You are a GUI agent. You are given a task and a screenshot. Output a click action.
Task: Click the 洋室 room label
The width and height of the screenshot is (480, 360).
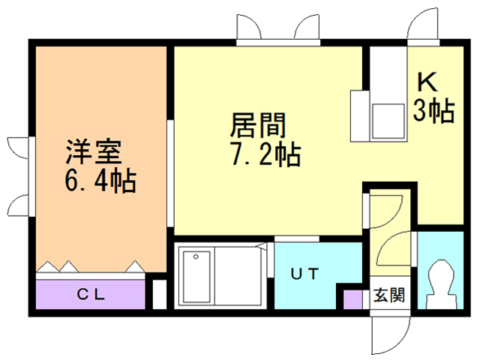[x=94, y=151]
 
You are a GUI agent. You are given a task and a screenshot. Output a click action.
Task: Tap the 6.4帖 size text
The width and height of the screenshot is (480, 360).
[x=100, y=181]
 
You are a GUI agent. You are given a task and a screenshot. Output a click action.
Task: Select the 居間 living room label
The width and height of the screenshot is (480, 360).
[x=258, y=125]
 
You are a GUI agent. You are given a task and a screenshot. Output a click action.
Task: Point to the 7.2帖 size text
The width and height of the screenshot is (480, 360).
[x=265, y=154]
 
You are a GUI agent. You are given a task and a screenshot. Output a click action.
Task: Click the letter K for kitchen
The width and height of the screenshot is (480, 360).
[x=427, y=82]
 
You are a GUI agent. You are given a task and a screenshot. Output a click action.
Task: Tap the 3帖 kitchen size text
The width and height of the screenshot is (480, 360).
[x=433, y=111]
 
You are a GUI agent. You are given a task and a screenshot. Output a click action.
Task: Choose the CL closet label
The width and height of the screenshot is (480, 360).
[x=91, y=295]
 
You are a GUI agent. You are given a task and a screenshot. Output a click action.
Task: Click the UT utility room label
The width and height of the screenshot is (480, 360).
[x=304, y=273]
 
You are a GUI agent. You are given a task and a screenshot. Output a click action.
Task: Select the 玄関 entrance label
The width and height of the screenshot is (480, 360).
[x=389, y=295]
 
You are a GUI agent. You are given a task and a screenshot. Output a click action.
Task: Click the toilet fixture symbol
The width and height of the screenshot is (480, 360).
[x=440, y=284]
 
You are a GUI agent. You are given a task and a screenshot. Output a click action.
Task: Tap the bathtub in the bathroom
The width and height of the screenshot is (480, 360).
[x=196, y=276]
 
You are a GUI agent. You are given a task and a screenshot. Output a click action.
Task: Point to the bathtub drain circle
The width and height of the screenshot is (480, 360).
[x=196, y=256]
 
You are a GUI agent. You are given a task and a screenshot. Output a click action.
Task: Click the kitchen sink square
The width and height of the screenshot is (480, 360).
[x=388, y=121]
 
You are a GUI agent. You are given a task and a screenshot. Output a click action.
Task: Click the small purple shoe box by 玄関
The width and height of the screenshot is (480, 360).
[x=352, y=299]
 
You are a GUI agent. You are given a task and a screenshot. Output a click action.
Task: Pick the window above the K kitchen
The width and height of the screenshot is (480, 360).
[x=423, y=43]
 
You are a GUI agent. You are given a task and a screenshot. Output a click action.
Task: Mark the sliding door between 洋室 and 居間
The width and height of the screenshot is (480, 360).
[x=170, y=173]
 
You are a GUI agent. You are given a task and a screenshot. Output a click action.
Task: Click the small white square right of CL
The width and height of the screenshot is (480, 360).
[x=160, y=294]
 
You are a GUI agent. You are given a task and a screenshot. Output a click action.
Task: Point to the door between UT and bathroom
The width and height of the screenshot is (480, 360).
[x=270, y=260]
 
